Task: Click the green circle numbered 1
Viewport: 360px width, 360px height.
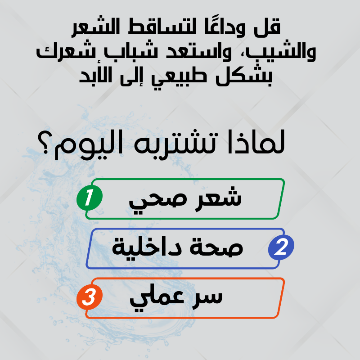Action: (90, 198)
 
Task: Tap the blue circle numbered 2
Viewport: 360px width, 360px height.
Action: (281, 247)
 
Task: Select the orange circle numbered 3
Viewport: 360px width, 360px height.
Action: (90, 297)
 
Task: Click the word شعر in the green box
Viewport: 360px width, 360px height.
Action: (218, 198)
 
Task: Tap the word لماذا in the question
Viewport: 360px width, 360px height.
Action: (256, 142)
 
